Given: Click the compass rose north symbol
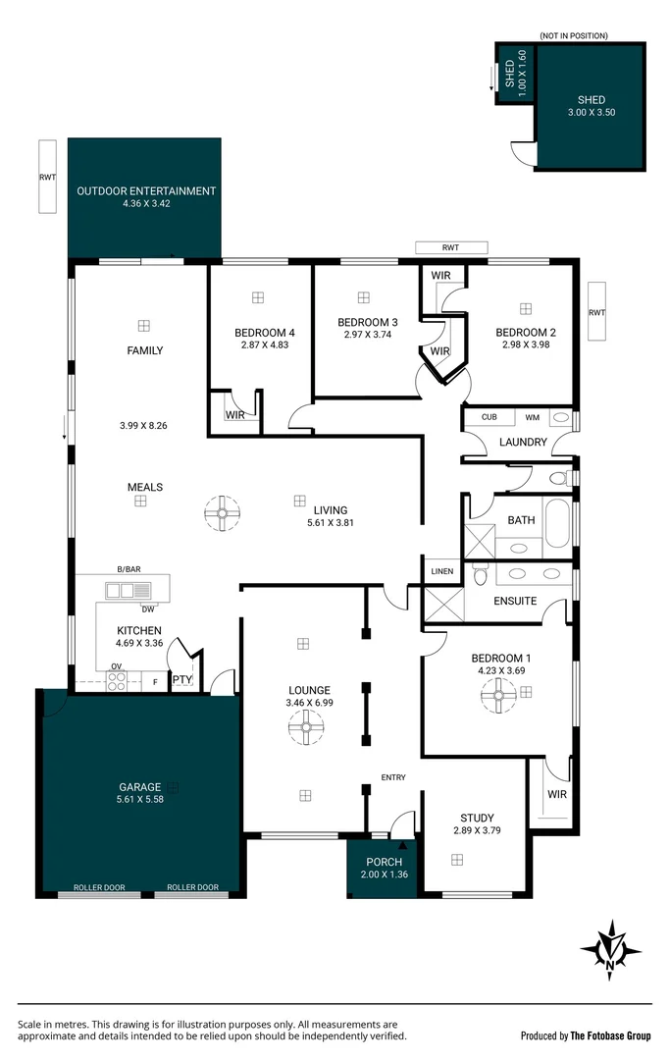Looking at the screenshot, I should click(611, 950).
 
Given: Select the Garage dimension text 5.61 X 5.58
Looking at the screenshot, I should click(141, 800).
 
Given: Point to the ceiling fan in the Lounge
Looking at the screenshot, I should click(307, 727).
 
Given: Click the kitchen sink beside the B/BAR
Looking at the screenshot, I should click(129, 590).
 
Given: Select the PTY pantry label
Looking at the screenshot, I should click(181, 679).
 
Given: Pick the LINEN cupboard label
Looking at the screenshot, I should click(440, 571).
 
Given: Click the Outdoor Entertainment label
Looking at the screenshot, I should click(147, 191).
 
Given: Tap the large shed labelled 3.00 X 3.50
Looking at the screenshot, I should click(591, 107).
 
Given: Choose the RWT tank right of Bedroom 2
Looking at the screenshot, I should click(597, 313).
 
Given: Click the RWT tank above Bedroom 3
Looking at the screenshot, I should click(450, 247).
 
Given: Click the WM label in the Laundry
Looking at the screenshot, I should click(533, 417).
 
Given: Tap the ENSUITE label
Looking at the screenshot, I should click(515, 601).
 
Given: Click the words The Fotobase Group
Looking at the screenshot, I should click(611, 1035).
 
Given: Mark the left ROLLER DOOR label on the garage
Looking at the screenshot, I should click(99, 887).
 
